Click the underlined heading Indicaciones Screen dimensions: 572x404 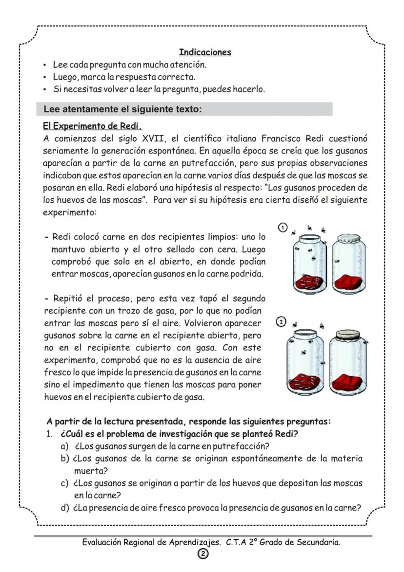pyautogui.click(x=205, y=52)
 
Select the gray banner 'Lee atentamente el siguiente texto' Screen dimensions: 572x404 pyautogui.click(x=184, y=109)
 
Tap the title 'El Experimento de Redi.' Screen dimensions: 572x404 pyautogui.click(x=92, y=126)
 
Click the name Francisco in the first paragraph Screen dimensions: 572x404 pyautogui.click(x=282, y=138)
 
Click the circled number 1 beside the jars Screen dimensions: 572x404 pyautogui.click(x=283, y=227)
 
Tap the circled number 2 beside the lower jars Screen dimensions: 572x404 pyautogui.click(x=281, y=323)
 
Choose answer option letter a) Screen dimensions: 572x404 pyautogui.click(x=64, y=446)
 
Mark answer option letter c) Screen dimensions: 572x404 pyautogui.click(x=64, y=483)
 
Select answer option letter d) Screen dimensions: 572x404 pyautogui.click(x=64, y=508)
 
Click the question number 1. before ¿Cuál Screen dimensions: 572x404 pyautogui.click(x=49, y=434)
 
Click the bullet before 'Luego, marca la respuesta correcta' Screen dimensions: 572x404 pyautogui.click(x=45, y=77)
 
